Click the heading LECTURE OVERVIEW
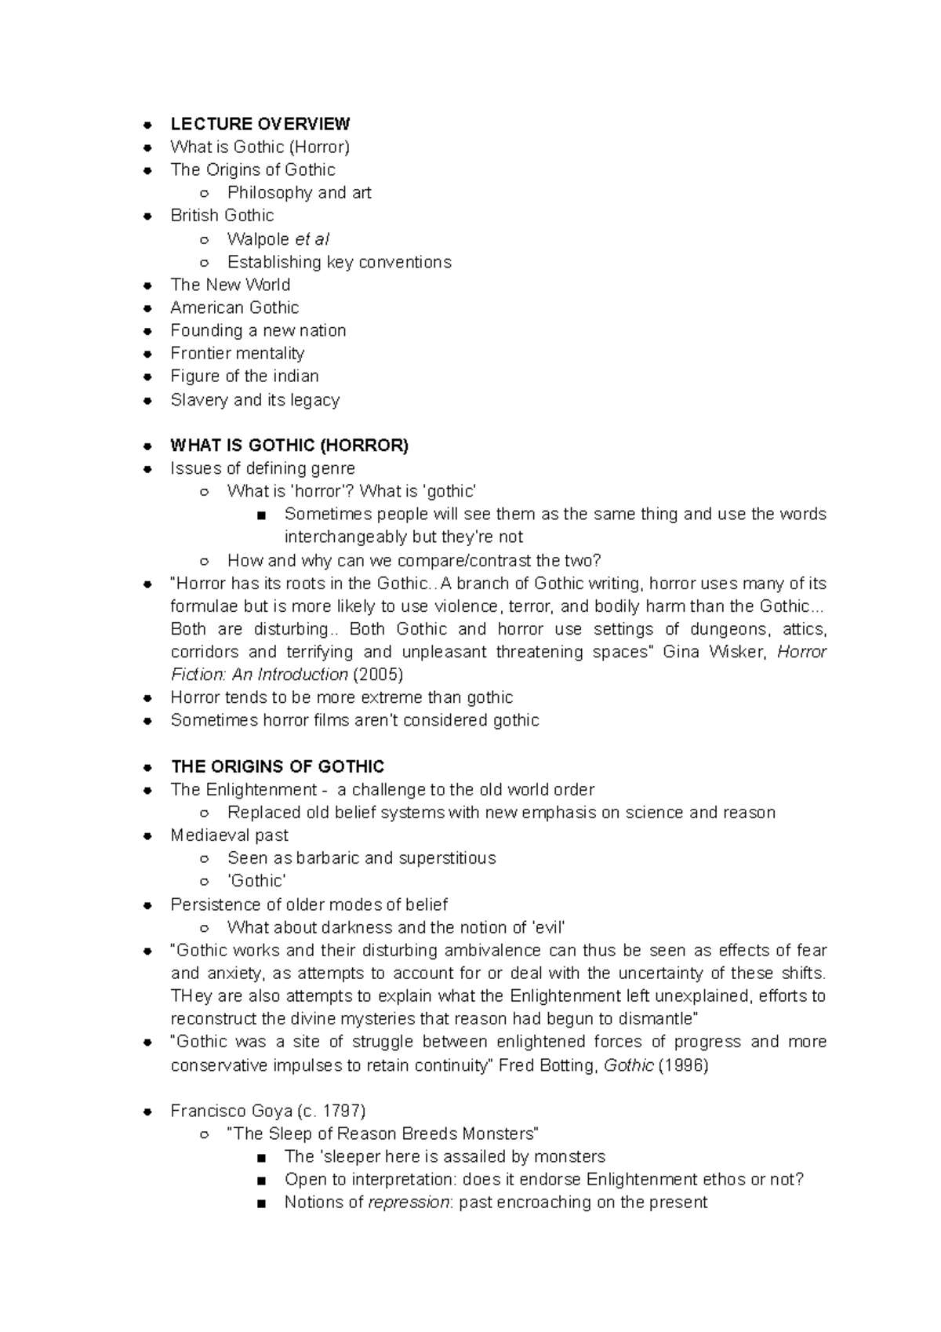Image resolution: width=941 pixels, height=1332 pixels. point(260,124)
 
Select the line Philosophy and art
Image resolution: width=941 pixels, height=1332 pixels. point(299,193)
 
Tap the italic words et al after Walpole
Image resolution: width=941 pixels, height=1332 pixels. point(311,239)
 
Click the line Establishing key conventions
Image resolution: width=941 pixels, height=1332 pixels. point(339,262)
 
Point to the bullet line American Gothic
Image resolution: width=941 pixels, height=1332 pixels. point(234,308)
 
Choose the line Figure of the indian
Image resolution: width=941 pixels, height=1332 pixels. point(244,377)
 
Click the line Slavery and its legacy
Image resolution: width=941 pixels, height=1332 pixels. point(255,400)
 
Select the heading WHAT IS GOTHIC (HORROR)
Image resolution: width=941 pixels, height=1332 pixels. point(289,446)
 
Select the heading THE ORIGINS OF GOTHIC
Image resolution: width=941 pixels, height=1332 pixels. point(277,766)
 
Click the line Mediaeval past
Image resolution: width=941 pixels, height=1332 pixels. point(229,835)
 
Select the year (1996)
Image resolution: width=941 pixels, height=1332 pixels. point(683,1065)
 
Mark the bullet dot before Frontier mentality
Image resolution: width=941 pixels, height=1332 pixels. point(147,355)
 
